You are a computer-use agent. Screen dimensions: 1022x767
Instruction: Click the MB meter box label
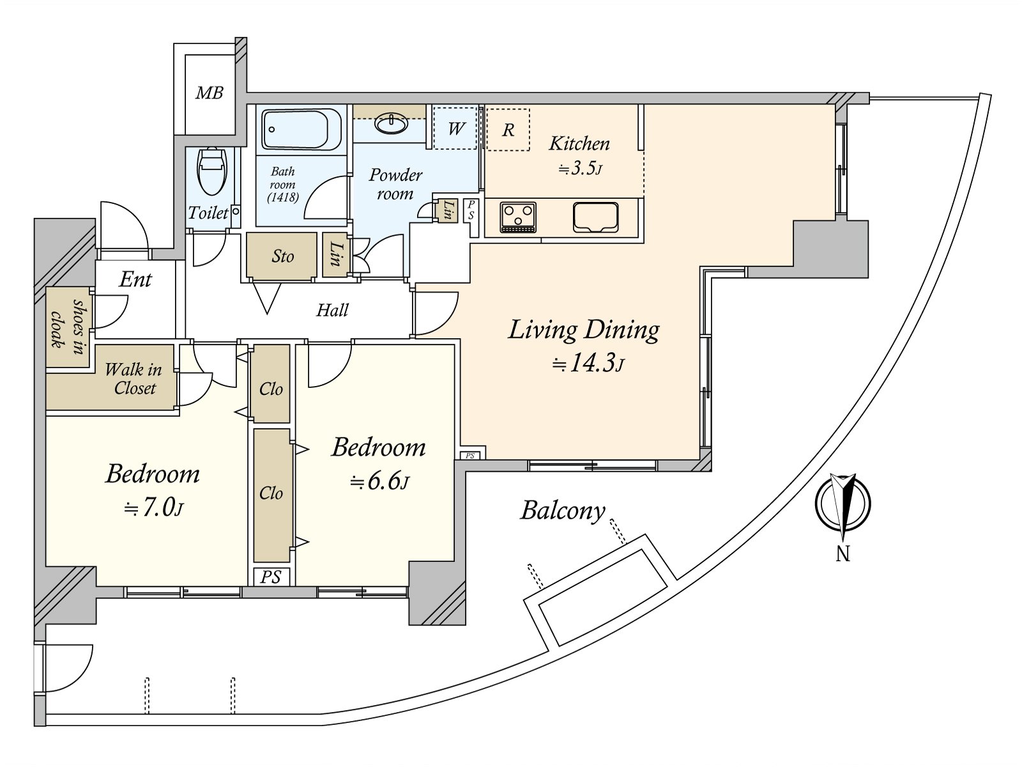point(210,93)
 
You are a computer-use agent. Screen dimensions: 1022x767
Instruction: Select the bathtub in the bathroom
point(301,129)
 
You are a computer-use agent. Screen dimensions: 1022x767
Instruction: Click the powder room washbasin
point(392,123)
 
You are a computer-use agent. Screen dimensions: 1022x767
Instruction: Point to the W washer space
point(455,128)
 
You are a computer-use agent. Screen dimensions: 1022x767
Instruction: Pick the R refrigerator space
point(508,130)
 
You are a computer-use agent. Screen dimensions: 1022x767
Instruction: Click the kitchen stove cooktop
point(518,217)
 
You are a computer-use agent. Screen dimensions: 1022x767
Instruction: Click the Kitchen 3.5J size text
point(580,168)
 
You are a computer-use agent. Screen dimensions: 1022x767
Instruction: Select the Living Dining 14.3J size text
point(588,363)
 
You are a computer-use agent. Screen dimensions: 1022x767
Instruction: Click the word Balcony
point(563,511)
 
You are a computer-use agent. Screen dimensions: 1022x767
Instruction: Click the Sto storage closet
point(282,256)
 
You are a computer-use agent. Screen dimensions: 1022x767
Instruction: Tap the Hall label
point(332,310)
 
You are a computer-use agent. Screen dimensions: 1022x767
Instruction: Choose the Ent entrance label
point(135,279)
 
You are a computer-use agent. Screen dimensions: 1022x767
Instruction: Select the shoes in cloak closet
point(68,327)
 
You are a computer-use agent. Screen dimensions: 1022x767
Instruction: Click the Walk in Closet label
point(133,378)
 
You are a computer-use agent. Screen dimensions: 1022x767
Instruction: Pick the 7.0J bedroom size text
point(153,507)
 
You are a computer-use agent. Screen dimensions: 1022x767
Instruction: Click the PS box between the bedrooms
point(271,577)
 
